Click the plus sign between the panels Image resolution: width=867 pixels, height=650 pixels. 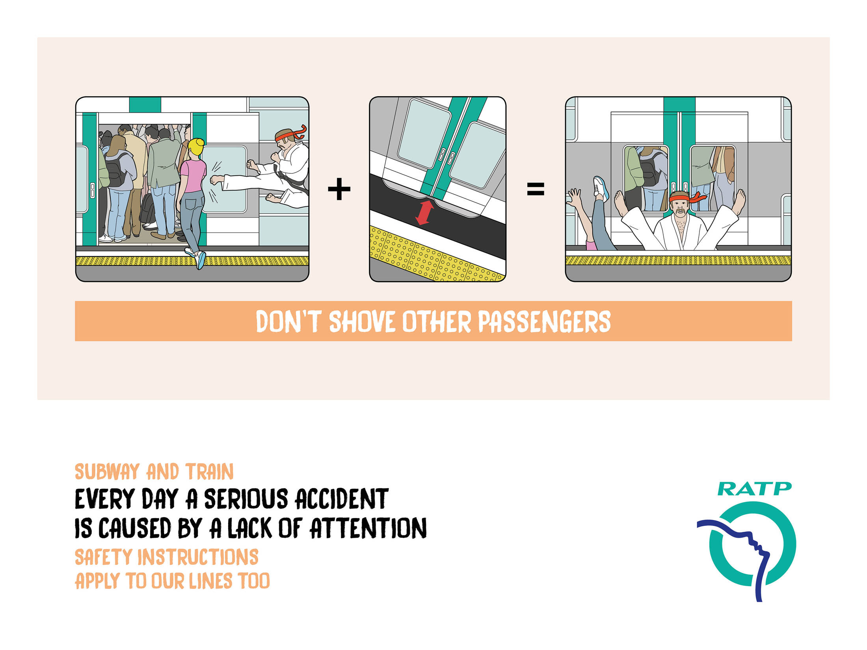[339, 189]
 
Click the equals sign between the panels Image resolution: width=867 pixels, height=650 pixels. [536, 189]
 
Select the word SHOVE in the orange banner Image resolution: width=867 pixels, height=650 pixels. [361, 321]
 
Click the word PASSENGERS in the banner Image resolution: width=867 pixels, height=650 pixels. [544, 321]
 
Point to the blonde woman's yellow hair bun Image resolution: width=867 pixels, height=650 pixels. [196, 147]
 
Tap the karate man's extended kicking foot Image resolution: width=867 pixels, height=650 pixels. [216, 180]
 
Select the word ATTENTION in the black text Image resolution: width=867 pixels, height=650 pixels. [368, 528]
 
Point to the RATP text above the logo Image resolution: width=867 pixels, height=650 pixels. [754, 489]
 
